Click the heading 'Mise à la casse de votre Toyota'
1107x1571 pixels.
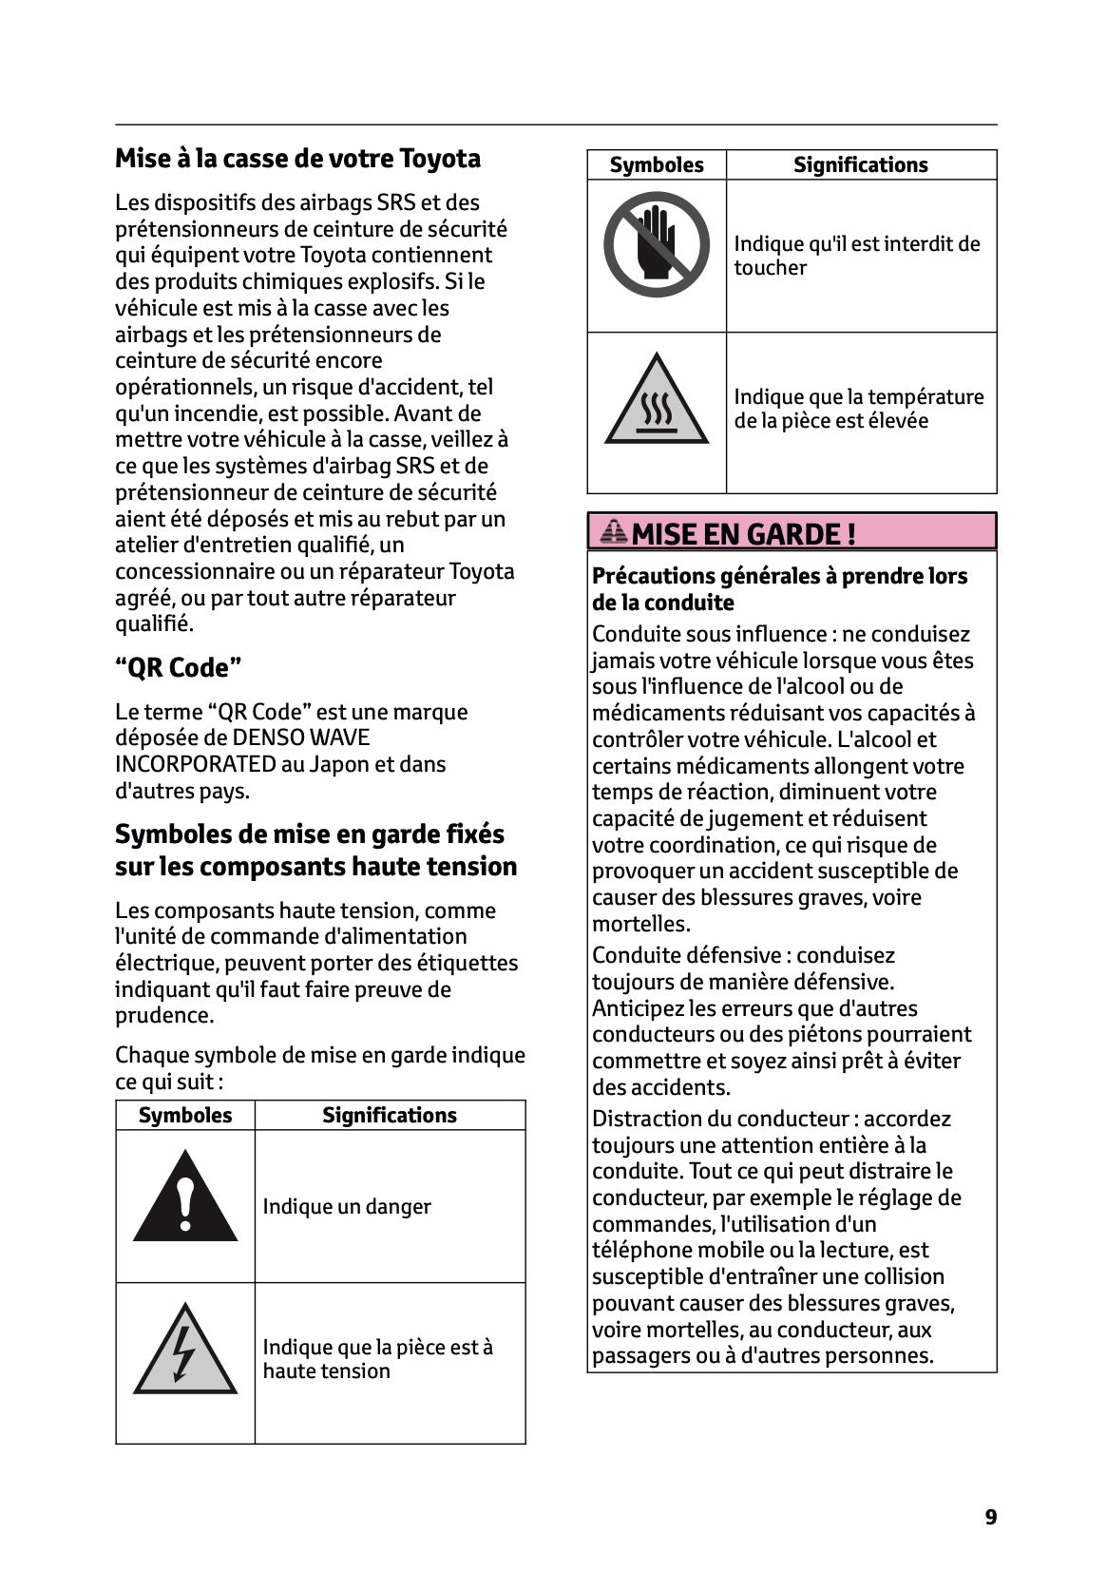[297, 158]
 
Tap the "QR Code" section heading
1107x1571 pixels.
[178, 667]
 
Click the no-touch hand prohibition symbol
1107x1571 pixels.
[656, 245]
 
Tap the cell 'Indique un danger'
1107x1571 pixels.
[347, 1206]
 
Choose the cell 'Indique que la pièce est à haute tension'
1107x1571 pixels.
[377, 1358]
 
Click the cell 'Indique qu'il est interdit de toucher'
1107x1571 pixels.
[856, 255]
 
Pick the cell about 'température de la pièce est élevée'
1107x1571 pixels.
[858, 409]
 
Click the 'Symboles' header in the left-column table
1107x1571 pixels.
[185, 1115]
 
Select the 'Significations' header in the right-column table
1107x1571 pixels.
[860, 164]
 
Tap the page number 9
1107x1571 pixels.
[991, 1517]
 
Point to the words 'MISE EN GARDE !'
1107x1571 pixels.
[743, 534]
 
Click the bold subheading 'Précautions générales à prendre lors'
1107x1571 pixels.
[779, 576]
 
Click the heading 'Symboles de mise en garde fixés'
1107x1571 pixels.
[310, 833]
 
